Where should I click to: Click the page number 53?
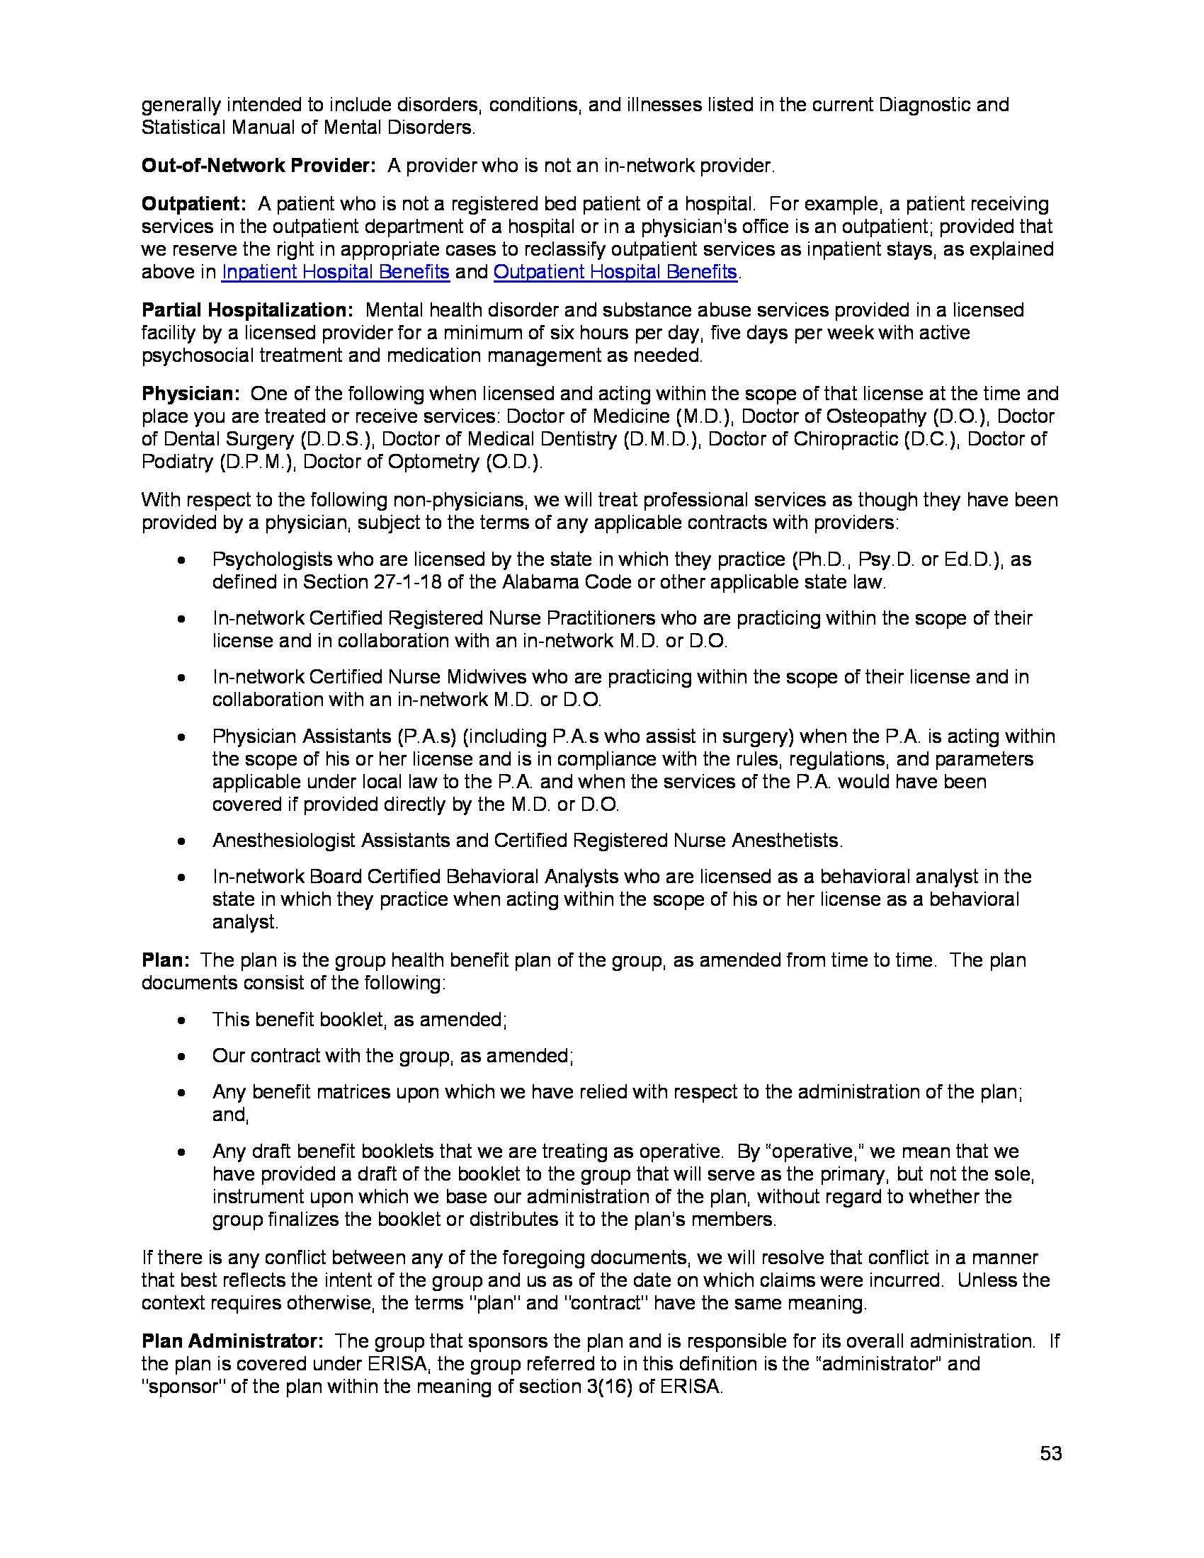[x=1050, y=1453]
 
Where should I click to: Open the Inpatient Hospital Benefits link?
[x=335, y=272]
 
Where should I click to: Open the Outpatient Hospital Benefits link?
[x=615, y=272]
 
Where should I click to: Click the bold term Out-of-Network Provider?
[x=259, y=166]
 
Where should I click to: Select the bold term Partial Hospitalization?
[x=247, y=310]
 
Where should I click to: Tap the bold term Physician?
[x=191, y=394]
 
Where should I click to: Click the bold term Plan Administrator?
[x=232, y=1341]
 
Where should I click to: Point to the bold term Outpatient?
[x=193, y=204]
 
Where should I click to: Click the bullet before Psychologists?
[x=182, y=561]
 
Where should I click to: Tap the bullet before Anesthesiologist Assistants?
[x=182, y=842]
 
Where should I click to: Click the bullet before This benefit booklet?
[x=182, y=1020]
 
